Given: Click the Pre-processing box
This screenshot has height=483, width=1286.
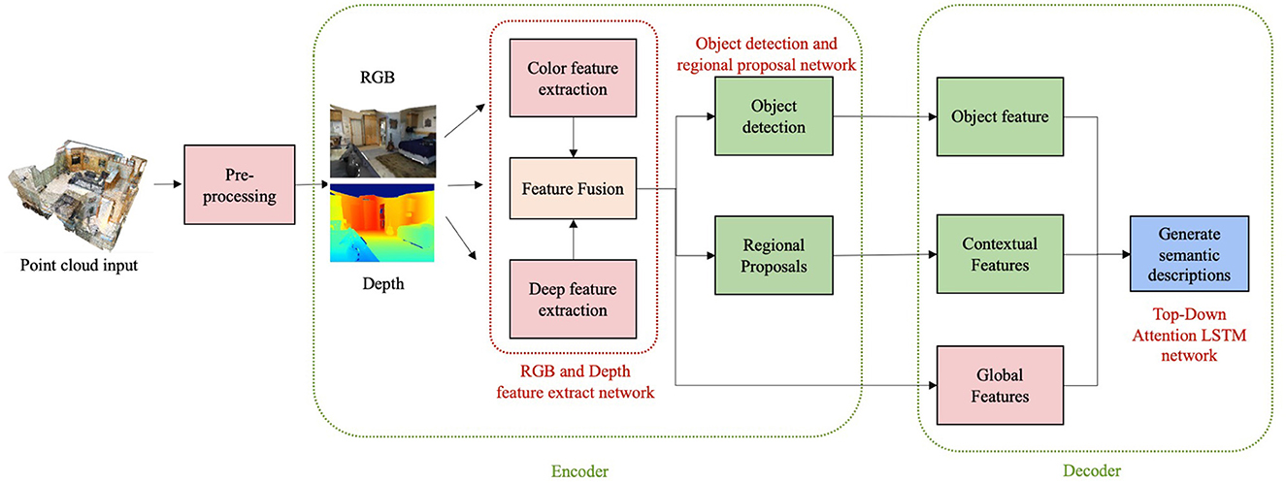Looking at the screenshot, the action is [x=240, y=184].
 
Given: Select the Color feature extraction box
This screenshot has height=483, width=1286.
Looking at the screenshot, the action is [x=573, y=78].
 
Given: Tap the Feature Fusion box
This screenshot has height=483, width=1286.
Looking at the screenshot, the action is [x=573, y=188].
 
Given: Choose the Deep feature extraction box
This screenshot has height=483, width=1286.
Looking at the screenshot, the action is [x=573, y=299].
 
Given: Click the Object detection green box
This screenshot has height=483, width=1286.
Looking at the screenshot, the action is [x=774, y=116].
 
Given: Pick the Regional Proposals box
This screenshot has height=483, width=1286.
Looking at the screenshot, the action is [x=774, y=255].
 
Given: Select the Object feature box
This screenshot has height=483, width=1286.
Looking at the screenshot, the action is [x=1000, y=116].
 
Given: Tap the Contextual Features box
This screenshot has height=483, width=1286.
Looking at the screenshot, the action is [x=1000, y=254].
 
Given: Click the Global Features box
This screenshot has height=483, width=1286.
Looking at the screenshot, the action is [x=1000, y=385].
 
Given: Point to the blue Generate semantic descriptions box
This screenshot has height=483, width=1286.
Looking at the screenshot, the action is [x=1190, y=254].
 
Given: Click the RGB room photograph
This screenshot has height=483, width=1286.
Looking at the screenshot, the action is [x=383, y=141].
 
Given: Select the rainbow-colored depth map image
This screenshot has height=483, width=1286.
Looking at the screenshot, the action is [x=382, y=223].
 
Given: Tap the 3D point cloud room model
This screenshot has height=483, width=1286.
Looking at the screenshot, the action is [x=78, y=194].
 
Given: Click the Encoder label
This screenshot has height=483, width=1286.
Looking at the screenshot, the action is [x=579, y=471].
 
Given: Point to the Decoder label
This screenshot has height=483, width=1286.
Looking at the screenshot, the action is [x=1092, y=470].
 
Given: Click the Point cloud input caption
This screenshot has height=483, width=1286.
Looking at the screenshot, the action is [x=80, y=265].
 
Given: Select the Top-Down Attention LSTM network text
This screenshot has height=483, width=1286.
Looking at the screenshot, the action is [x=1190, y=335].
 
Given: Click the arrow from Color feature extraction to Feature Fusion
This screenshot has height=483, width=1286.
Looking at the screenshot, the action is [x=573, y=137].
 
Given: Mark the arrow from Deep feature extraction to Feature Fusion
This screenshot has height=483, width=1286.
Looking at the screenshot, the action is [x=573, y=240].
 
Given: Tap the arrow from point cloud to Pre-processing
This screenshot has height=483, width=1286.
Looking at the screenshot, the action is [x=168, y=184].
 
